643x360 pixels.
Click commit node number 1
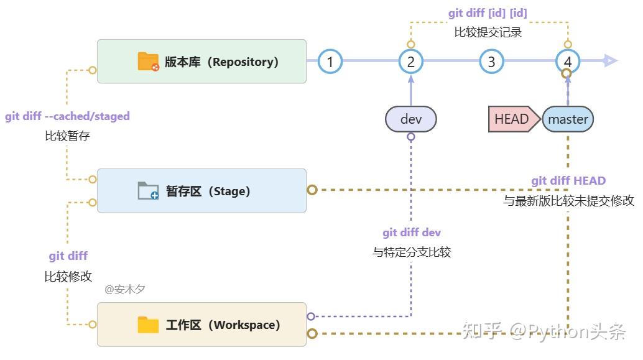[x=330, y=62]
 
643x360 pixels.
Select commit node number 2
[x=411, y=62]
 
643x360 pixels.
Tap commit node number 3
[x=492, y=62]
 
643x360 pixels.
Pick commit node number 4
[x=567, y=62]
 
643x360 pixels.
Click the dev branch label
[x=411, y=119]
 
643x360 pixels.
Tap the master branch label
[x=568, y=119]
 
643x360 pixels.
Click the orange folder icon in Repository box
[x=149, y=62]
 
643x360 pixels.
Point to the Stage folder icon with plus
[x=149, y=190]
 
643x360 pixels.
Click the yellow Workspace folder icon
[x=149, y=325]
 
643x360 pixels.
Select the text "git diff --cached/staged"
[x=68, y=116]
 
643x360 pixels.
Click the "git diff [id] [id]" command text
[x=488, y=13]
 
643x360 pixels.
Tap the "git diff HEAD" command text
[x=568, y=181]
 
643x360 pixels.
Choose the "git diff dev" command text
[x=412, y=233]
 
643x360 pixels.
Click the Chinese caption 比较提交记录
[x=488, y=32]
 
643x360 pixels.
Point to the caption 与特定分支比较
[x=412, y=252]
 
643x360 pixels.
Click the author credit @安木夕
[x=125, y=289]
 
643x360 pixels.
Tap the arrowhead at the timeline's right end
[x=610, y=61]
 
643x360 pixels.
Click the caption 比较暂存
[x=67, y=136]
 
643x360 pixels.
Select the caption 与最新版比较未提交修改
[x=568, y=201]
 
